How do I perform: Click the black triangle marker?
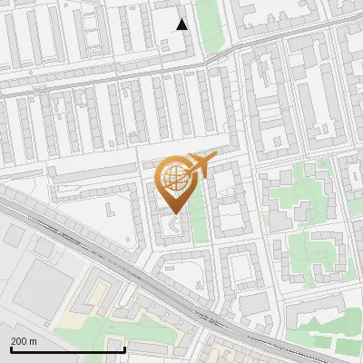click(x=182, y=25)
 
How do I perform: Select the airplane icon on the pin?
click(x=199, y=165)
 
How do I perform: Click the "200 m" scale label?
click(x=24, y=340)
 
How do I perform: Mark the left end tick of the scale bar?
click(x=11, y=348)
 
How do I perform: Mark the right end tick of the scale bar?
click(x=124, y=348)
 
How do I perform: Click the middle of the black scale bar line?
click(x=68, y=350)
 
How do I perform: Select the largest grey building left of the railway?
click(x=41, y=281)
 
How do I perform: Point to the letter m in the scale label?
click(x=33, y=340)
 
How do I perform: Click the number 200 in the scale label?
click(x=18, y=340)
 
